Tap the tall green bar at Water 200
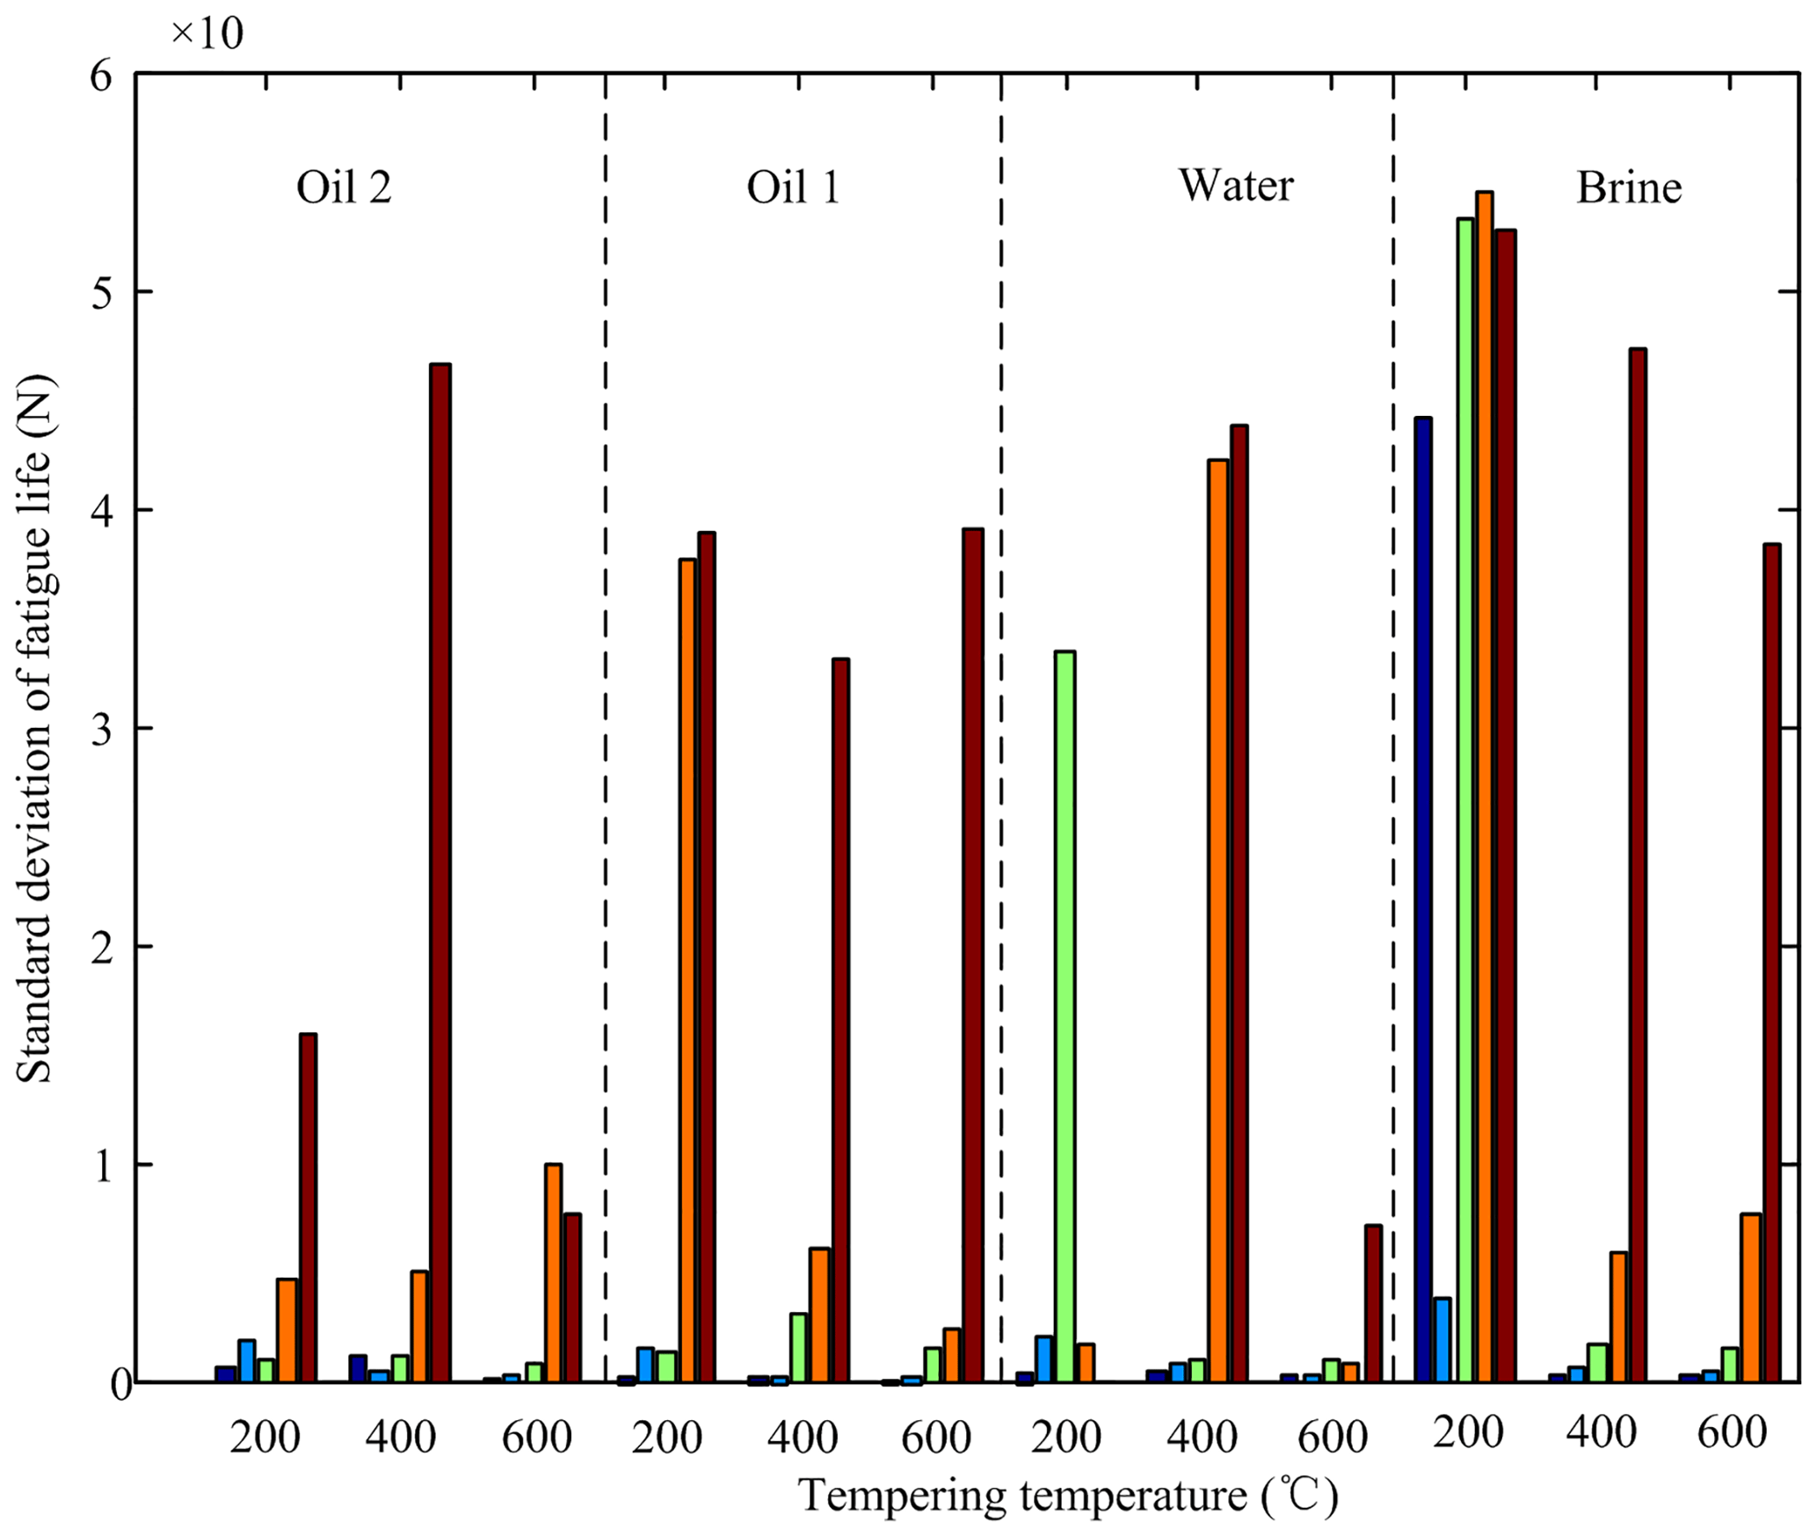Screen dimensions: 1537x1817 click(1065, 1016)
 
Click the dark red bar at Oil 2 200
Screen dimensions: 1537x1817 click(308, 1206)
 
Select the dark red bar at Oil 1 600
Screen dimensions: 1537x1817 click(972, 954)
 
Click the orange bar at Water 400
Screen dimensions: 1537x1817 click(1217, 919)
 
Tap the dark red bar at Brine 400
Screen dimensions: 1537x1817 click(1637, 863)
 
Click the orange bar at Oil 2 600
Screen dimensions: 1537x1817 click(553, 1271)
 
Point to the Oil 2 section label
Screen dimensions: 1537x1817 click(344, 187)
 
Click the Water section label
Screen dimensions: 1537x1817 click(1235, 186)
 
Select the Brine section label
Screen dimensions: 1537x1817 click(1628, 187)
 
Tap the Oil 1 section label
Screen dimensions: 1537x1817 click(793, 187)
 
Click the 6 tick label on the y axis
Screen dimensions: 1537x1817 click(102, 76)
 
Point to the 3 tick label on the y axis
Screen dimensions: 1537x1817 click(102, 729)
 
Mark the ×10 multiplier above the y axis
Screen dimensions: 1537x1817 click(207, 33)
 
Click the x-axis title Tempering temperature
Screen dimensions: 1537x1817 click(1067, 1495)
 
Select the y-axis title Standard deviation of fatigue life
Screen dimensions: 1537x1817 click(35, 730)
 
